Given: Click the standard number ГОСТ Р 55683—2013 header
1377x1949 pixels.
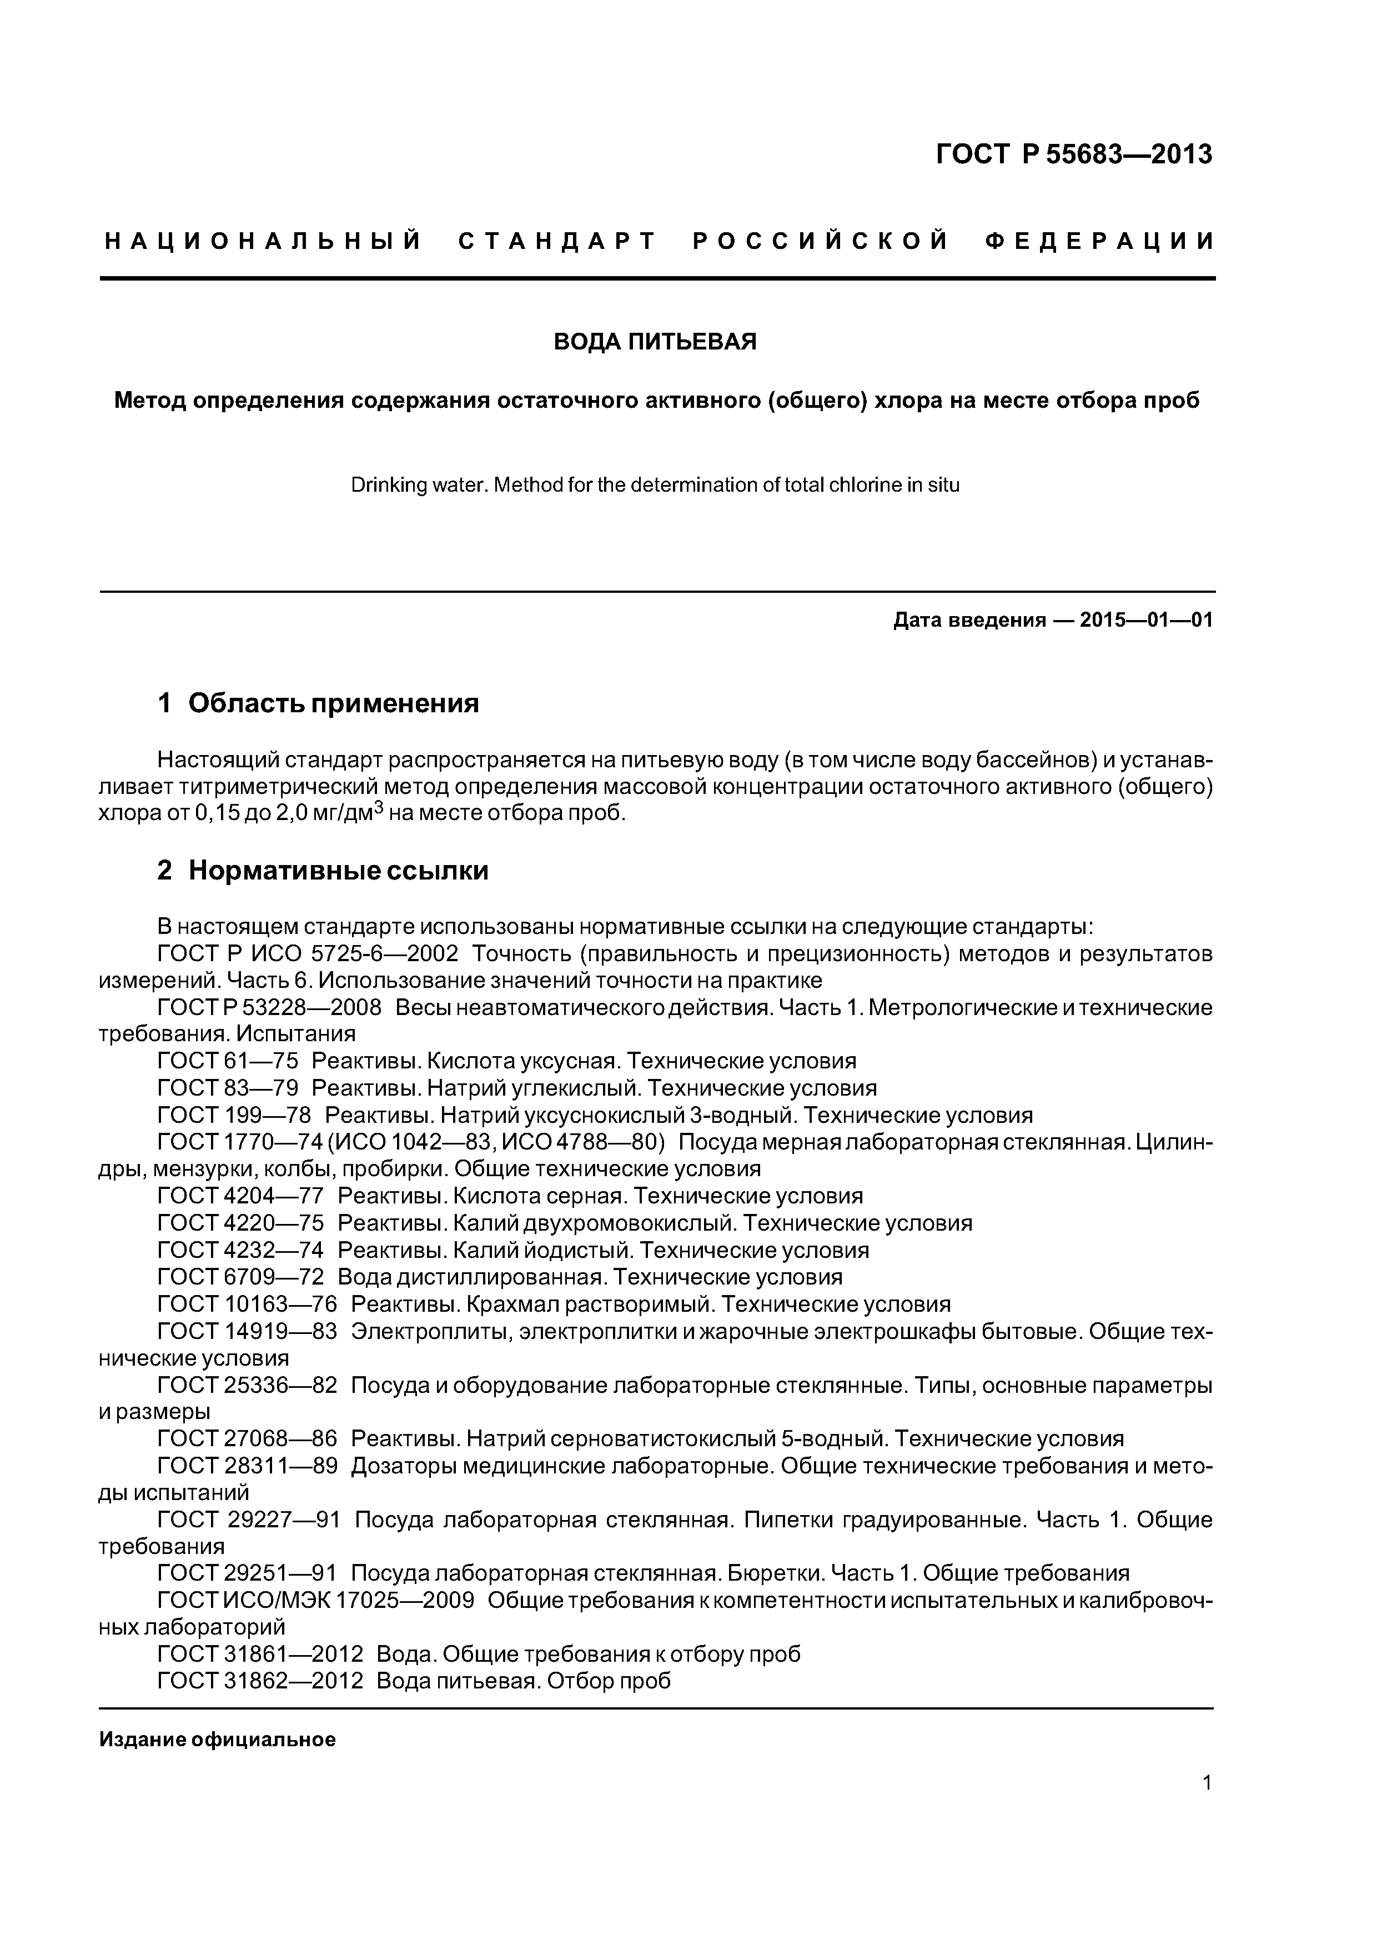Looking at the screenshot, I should click(x=1073, y=154).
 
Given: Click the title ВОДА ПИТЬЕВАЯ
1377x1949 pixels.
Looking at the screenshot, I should click(x=655, y=342).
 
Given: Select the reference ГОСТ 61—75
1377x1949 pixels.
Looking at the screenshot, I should click(x=228, y=1061).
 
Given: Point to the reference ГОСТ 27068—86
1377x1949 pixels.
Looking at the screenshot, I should click(x=248, y=1439).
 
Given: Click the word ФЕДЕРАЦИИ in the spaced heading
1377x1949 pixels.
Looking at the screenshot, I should click(x=1099, y=242).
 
